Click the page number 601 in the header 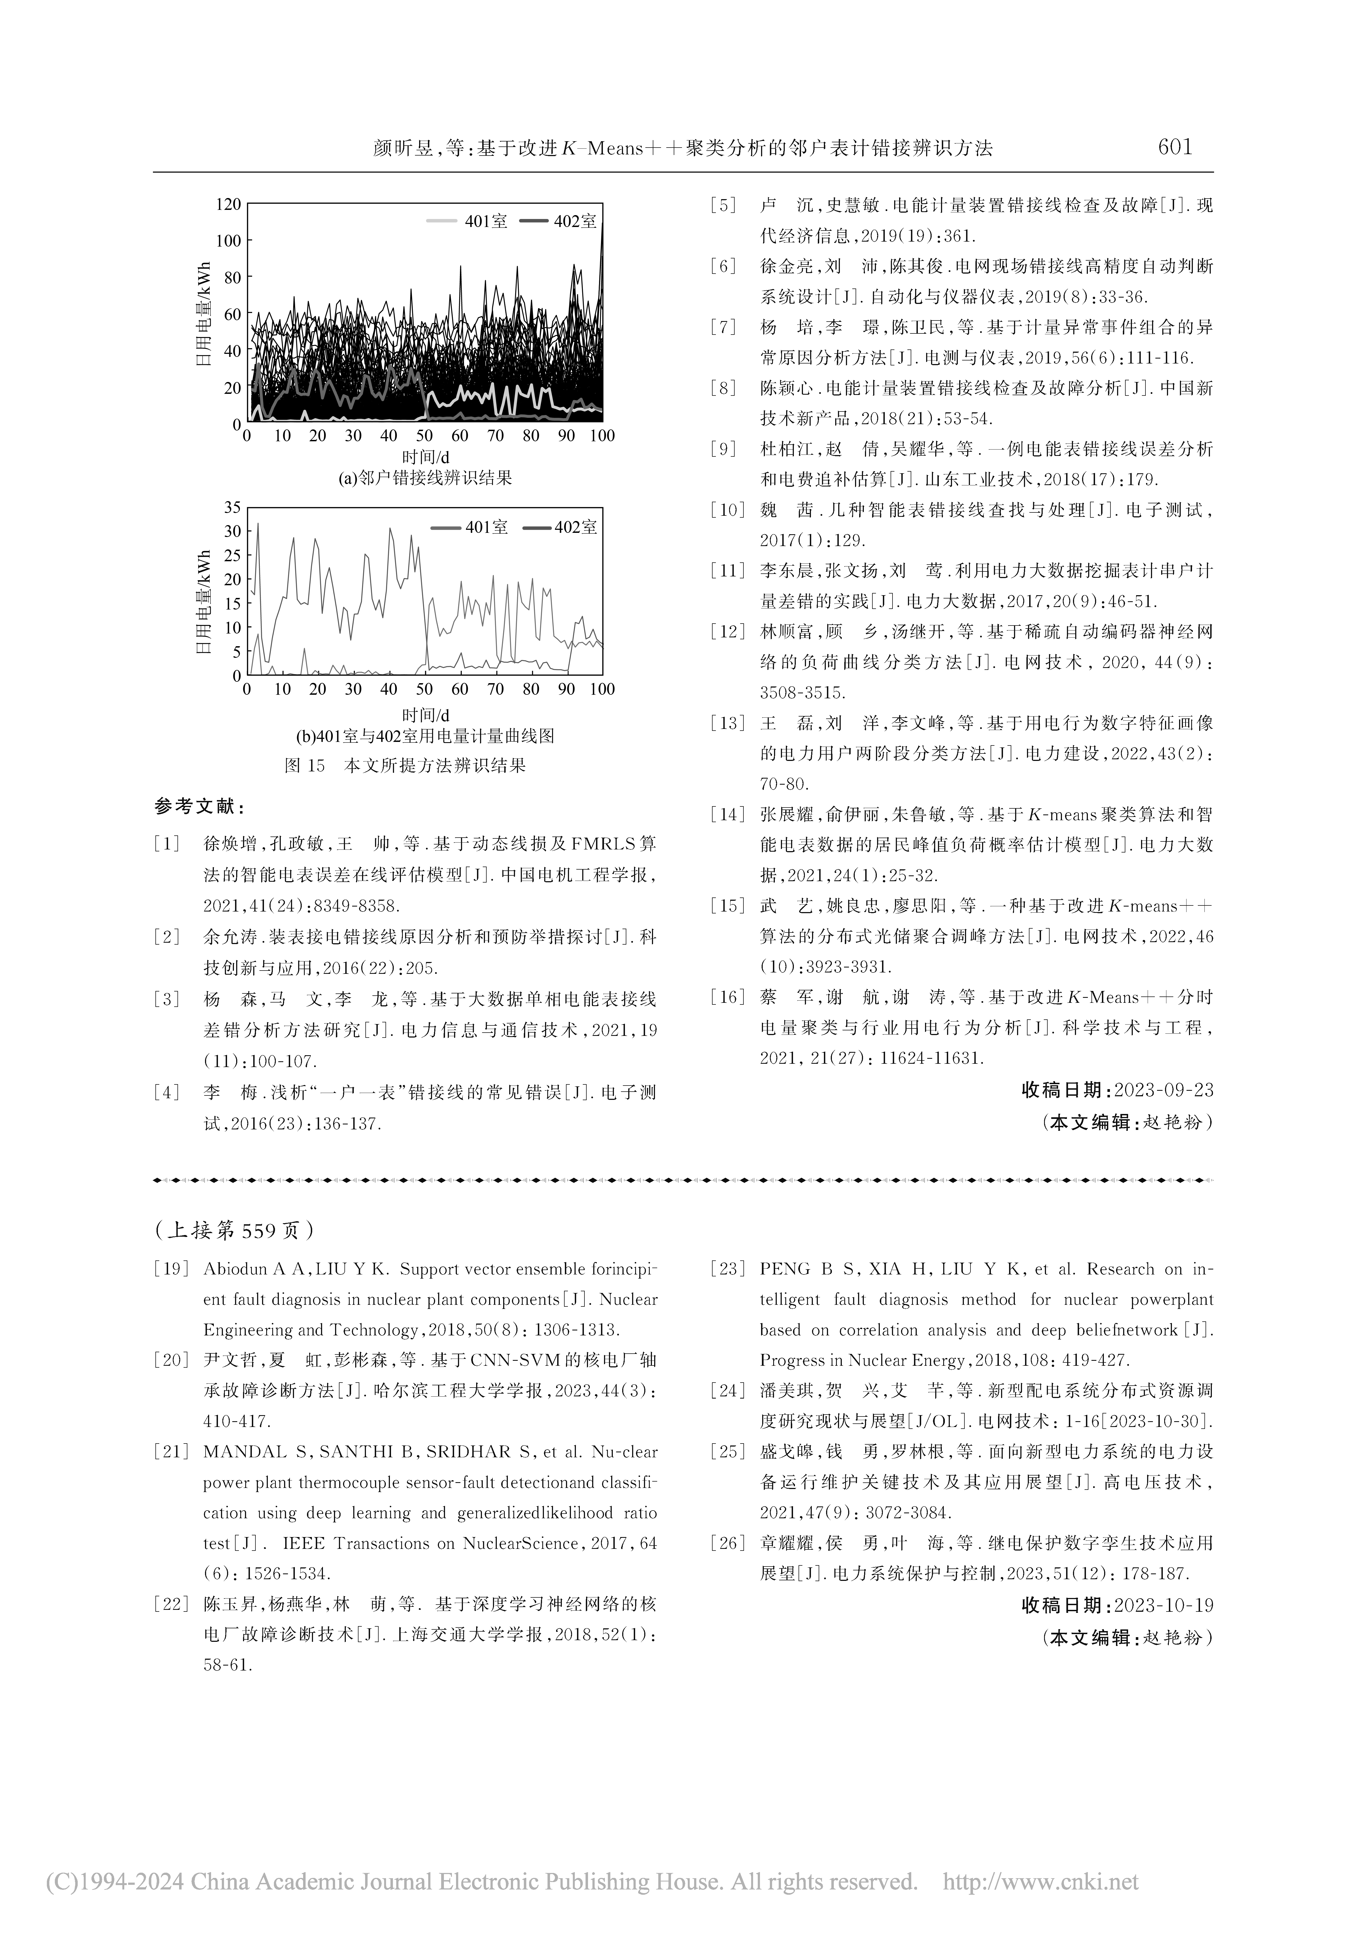[x=1175, y=148]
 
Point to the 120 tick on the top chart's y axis [x=228, y=204]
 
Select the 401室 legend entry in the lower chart [x=486, y=528]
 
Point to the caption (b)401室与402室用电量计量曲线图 [x=425, y=736]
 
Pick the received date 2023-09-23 [x=1163, y=1090]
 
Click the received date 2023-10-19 [x=1163, y=1605]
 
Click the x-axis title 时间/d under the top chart [x=425, y=457]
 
